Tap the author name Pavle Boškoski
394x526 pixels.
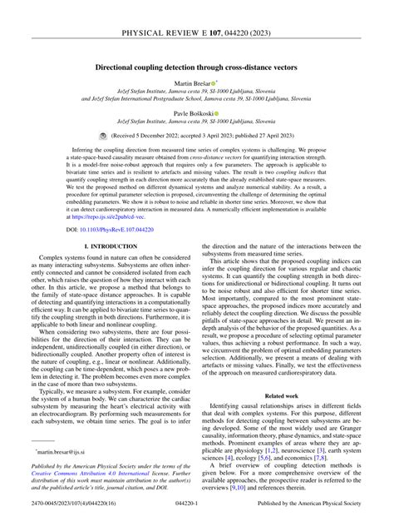tap(194, 113)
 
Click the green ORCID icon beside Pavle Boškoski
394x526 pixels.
tap(217, 113)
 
